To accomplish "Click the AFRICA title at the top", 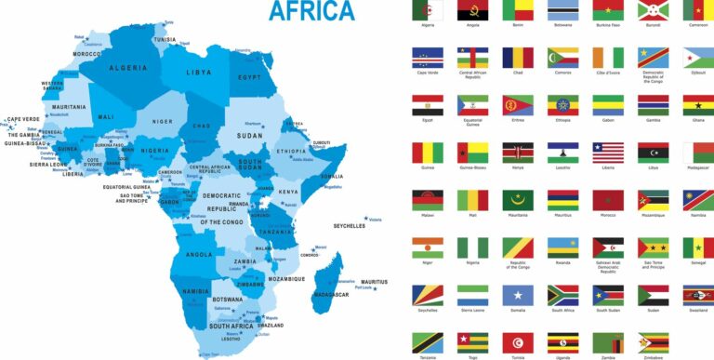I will (311, 10).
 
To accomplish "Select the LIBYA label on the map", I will (199, 72).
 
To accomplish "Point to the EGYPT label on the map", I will (248, 77).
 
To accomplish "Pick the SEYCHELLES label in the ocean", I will (350, 226).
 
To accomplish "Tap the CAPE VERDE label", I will (23, 119).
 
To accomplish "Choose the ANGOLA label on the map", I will (200, 254).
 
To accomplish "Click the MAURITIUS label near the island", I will (375, 282).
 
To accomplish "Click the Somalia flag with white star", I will (519, 295).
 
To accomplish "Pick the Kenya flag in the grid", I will (519, 153).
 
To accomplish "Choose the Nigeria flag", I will (473, 247).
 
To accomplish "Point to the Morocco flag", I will (609, 200).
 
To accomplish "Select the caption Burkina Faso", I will (609, 26).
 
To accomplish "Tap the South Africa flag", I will (563, 295).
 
